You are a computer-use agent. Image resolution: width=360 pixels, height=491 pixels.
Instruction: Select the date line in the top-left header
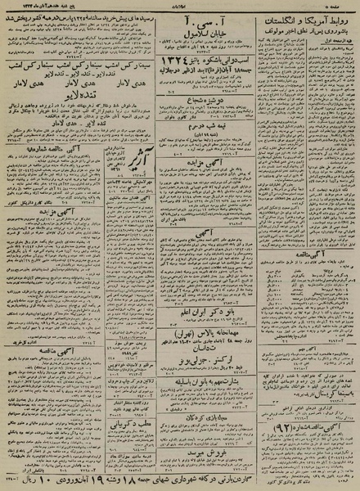45,7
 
